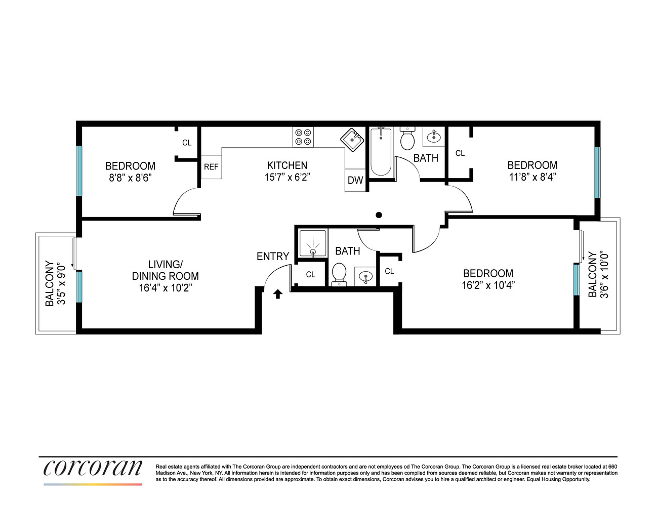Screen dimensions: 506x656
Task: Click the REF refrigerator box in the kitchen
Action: (x=211, y=166)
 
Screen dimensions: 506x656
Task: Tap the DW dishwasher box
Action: (x=355, y=180)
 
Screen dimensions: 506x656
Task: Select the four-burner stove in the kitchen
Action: (x=303, y=137)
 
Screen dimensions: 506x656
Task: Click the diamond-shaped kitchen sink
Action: (x=352, y=139)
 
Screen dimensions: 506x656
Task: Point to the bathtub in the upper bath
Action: (x=381, y=151)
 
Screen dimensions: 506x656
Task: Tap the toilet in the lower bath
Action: (x=339, y=274)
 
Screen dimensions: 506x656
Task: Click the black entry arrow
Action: (x=277, y=294)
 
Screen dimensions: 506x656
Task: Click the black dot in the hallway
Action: (x=379, y=215)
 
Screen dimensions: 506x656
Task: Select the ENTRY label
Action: (x=273, y=257)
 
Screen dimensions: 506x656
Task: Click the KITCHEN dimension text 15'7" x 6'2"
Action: (x=287, y=177)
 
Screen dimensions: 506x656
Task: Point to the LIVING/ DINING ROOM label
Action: (x=165, y=270)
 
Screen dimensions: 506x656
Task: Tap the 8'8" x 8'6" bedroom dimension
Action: (x=130, y=178)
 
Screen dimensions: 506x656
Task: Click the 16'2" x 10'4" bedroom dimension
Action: (x=488, y=285)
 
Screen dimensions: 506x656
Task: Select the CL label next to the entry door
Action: (x=311, y=274)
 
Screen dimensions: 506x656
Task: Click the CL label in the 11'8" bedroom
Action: (x=460, y=153)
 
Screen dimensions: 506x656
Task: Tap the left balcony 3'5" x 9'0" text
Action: (x=61, y=284)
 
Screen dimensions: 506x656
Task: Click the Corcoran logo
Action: (x=93, y=468)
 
